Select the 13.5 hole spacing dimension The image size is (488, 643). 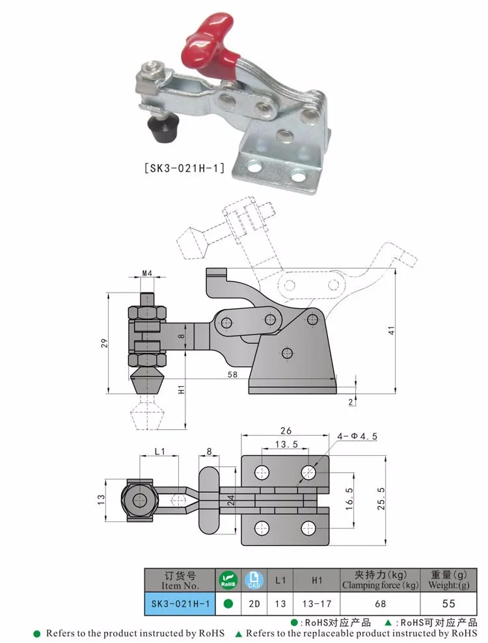286,444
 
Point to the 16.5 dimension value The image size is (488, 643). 349,500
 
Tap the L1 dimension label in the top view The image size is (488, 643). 160,451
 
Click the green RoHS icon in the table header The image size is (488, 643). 228,579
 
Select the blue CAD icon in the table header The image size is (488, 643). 254,579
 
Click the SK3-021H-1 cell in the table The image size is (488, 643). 180,604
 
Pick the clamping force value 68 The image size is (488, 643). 381,604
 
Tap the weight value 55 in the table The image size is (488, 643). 448,604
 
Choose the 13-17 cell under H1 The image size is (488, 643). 317,604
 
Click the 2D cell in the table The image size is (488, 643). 254,604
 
